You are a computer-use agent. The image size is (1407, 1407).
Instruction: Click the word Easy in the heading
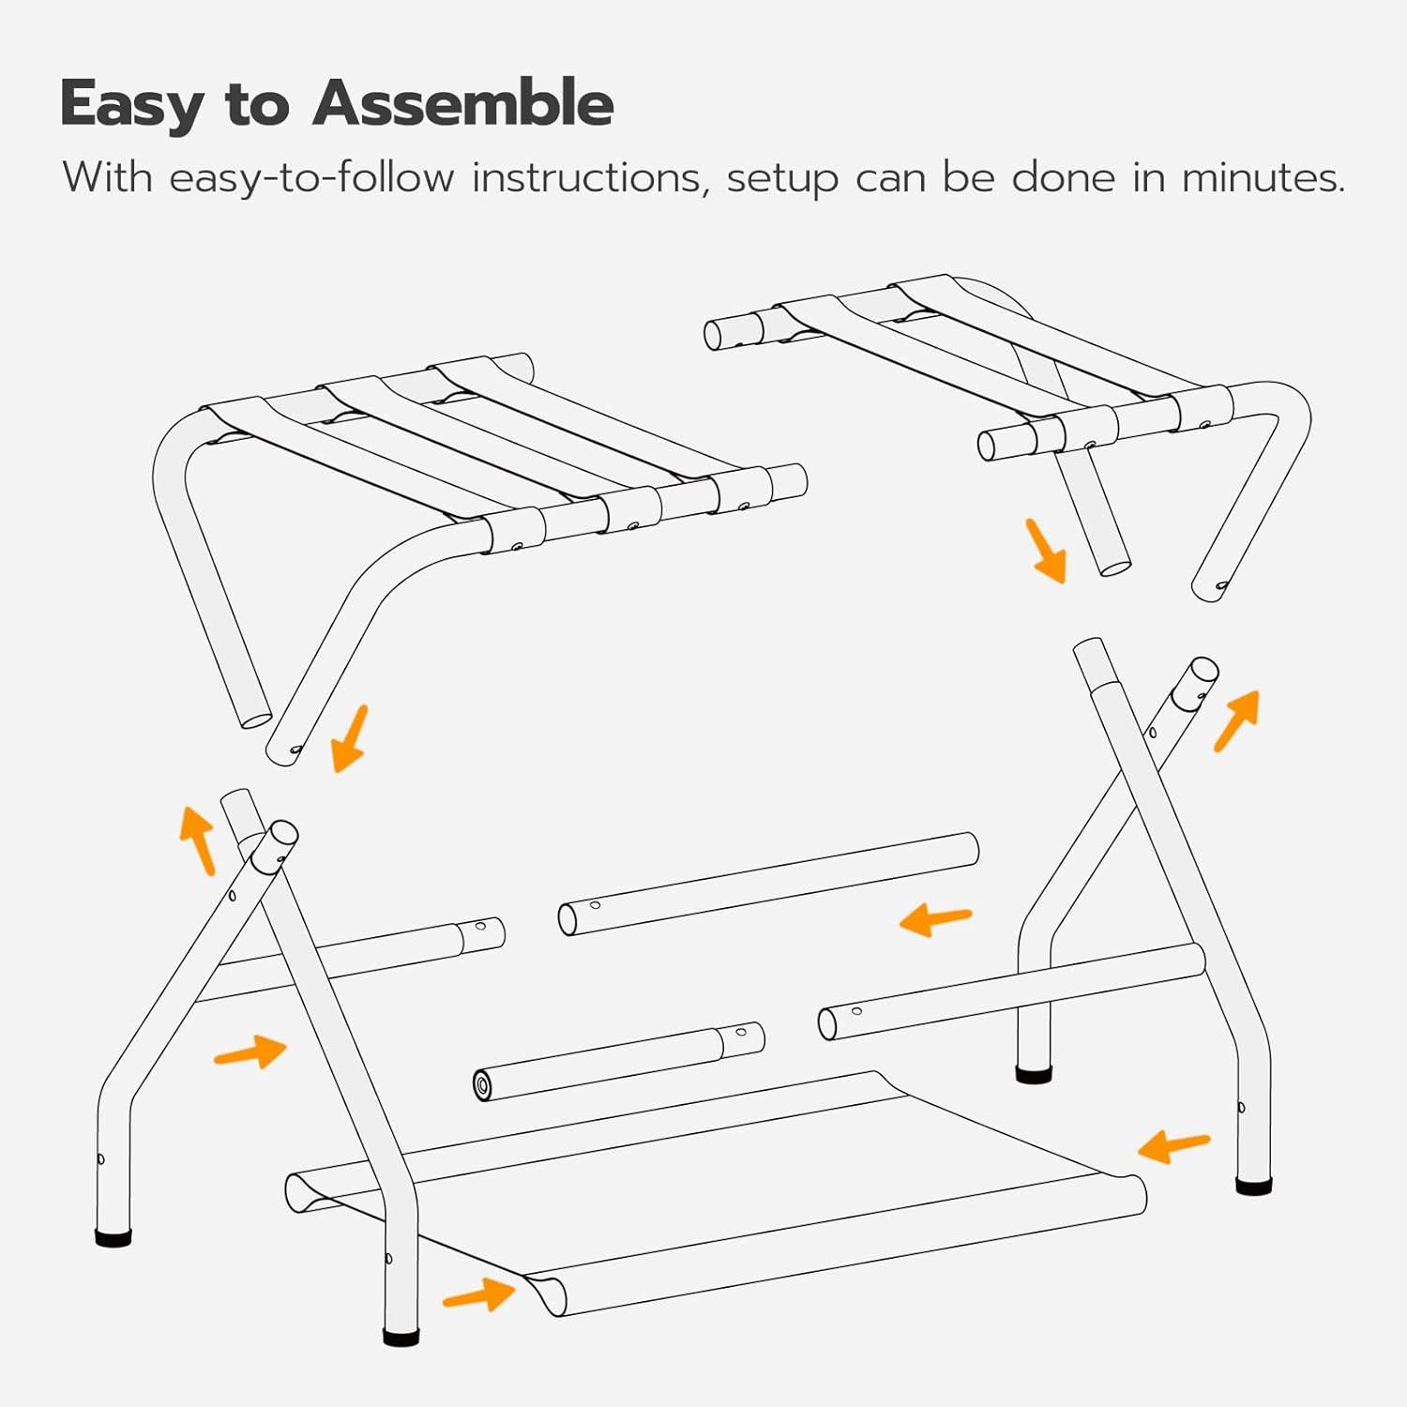131,104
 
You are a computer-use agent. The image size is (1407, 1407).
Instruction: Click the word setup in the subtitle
782,179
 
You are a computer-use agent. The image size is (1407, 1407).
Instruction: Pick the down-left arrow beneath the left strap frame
350,739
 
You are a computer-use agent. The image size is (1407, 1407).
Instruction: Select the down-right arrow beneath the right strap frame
1046,552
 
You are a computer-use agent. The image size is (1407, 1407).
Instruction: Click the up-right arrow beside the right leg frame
1237,720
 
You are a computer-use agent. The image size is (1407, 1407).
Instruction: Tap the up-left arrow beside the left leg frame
198,840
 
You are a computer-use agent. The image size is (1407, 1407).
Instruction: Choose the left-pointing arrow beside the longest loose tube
935,920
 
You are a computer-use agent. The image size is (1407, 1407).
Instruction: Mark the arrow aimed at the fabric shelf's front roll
479,1295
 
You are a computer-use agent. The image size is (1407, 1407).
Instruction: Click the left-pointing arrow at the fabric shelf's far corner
1173,1145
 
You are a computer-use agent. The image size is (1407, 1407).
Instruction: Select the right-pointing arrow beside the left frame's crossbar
250,1052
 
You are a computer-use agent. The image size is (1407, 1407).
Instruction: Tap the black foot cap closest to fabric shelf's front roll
401,1336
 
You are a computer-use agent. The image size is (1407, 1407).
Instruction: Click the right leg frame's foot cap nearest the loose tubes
1034,1075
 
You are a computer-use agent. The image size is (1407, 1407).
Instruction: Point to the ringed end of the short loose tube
482,1086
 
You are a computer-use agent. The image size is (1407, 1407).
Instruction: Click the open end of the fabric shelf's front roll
546,1296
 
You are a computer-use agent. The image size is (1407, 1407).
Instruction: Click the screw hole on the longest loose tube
595,905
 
